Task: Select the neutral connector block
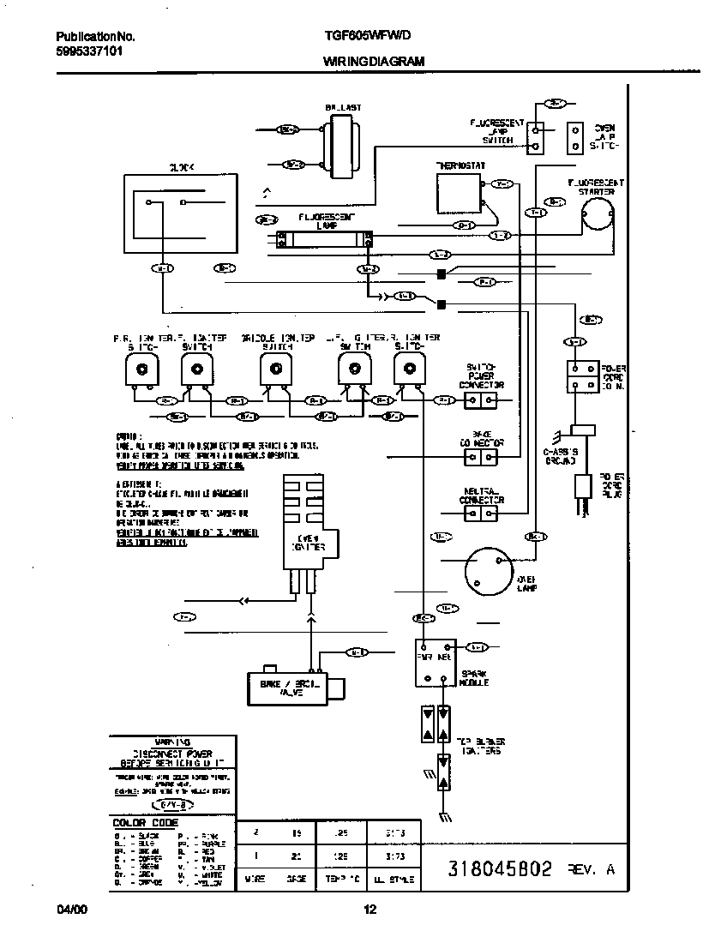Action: point(481,514)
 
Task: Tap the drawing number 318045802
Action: point(500,868)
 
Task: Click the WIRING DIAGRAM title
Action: point(373,63)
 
